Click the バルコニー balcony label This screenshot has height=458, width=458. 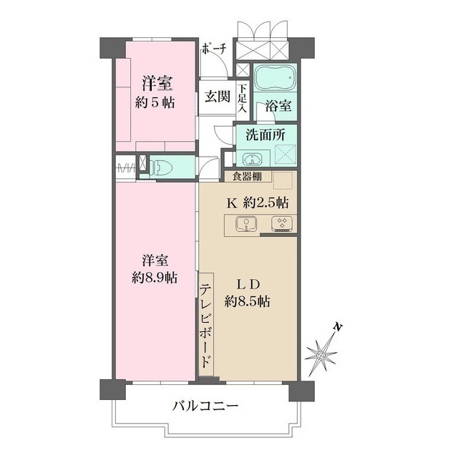pyautogui.click(x=205, y=406)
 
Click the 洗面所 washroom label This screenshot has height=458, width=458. pyautogui.click(x=266, y=134)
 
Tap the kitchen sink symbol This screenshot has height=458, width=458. pyautogui.click(x=246, y=225)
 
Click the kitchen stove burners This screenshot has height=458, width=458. pyautogui.click(x=281, y=225)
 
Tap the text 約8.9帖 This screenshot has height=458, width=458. pyautogui.click(x=155, y=278)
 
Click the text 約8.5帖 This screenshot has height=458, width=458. pyautogui.click(x=247, y=301)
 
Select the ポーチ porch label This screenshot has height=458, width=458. pyautogui.click(x=215, y=49)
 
